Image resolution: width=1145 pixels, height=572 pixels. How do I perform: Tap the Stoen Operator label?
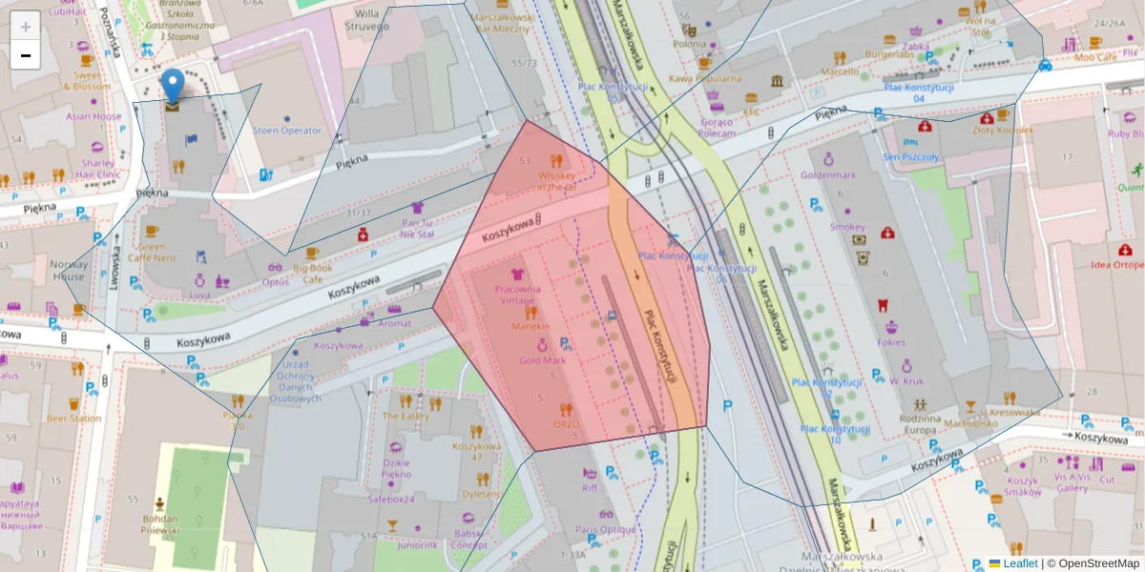(x=287, y=130)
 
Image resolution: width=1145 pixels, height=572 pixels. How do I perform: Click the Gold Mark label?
(x=542, y=360)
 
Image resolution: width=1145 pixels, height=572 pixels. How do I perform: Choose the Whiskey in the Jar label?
(x=557, y=180)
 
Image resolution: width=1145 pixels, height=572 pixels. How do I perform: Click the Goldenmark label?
(x=829, y=174)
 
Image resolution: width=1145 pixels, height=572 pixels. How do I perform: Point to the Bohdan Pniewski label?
(x=155, y=523)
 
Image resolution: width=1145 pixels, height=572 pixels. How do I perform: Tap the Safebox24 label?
(x=391, y=498)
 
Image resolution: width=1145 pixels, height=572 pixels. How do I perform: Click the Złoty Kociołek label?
(x=1003, y=130)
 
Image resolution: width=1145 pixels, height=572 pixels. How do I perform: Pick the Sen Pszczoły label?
(x=911, y=157)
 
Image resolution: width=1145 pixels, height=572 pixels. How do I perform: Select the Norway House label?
(x=69, y=271)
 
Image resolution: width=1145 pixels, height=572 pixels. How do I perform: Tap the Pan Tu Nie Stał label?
(x=417, y=228)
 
